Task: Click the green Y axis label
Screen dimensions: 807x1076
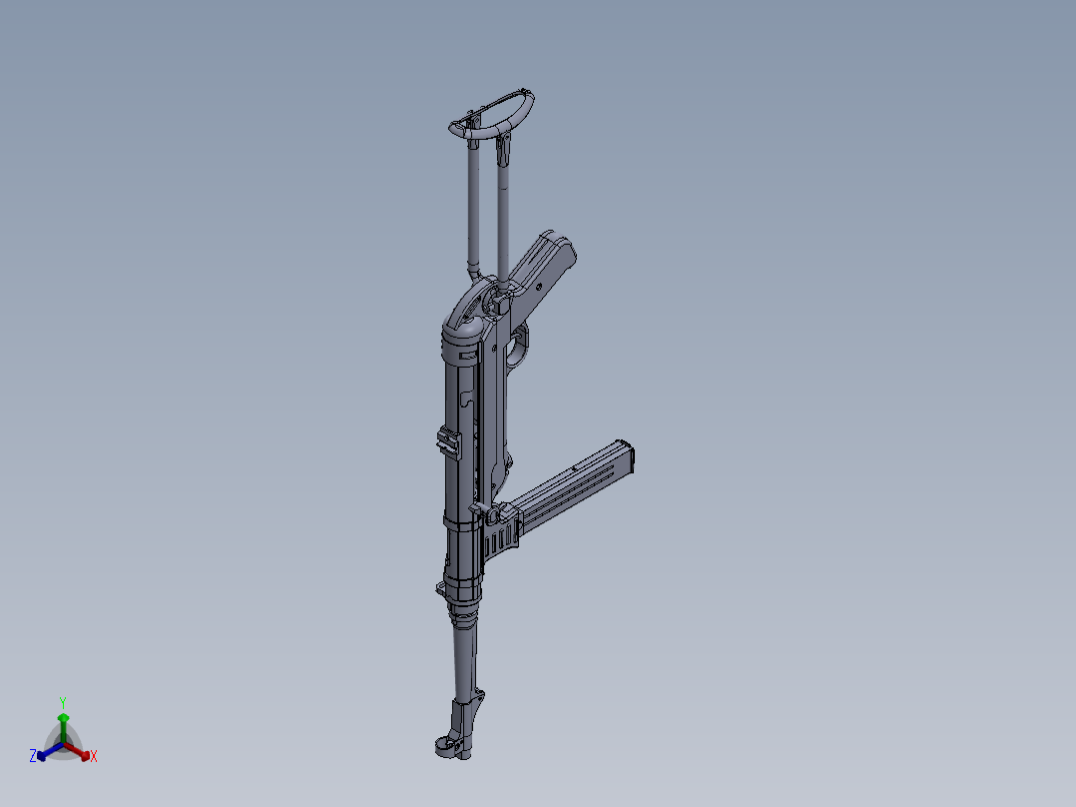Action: (x=63, y=701)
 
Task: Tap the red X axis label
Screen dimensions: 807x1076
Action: (x=94, y=757)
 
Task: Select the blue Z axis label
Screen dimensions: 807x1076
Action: (x=33, y=756)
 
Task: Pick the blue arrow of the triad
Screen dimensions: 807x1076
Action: (x=45, y=752)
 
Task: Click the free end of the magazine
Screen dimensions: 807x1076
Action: (x=627, y=457)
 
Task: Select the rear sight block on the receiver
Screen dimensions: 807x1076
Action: (x=449, y=442)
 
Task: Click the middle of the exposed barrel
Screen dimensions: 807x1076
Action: (x=466, y=659)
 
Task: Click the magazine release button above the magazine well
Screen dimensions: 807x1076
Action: (x=493, y=516)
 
